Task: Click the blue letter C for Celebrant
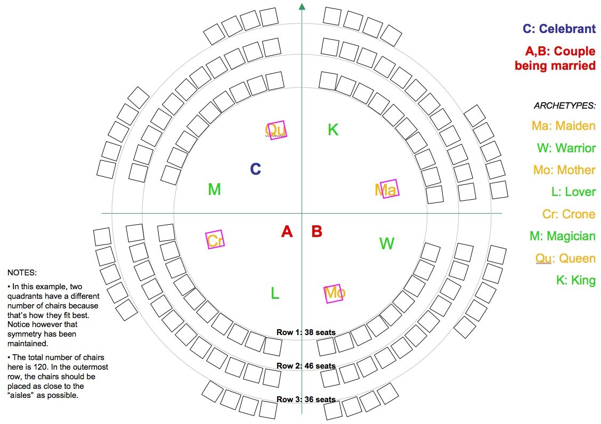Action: point(256,169)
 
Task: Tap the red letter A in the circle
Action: point(287,232)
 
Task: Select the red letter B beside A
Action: point(316,232)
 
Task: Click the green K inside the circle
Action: point(333,129)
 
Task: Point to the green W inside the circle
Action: point(386,244)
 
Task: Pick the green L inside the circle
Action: point(275,293)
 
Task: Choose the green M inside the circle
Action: point(214,190)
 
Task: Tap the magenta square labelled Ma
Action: point(388,189)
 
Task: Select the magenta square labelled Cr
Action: point(215,240)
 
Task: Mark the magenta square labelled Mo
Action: point(334,292)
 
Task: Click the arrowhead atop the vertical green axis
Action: point(302,6)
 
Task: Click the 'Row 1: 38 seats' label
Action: point(306,332)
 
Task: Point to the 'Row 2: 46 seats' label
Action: point(306,366)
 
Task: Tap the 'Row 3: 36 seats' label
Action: point(306,399)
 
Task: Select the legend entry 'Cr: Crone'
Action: point(568,214)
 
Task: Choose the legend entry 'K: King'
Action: point(575,280)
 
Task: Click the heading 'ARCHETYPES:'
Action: point(564,105)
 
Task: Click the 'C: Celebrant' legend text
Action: point(559,29)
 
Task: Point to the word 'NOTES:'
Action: point(22,273)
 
